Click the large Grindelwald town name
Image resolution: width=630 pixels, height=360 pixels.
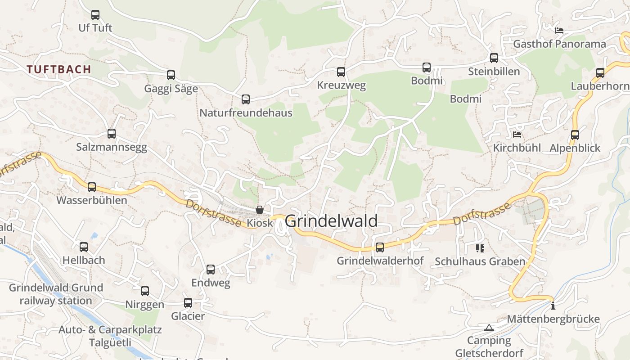331,221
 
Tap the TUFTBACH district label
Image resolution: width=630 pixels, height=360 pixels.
58,69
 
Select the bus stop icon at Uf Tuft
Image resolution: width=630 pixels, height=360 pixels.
95,15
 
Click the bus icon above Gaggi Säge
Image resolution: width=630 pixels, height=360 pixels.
171,75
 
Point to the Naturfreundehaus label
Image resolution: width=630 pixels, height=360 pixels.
246,112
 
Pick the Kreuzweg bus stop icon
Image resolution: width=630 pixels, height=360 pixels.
341,72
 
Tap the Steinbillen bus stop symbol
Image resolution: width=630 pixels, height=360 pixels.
494,58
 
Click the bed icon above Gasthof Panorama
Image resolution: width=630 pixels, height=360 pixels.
559,31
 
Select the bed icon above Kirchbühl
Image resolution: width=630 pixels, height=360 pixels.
517,135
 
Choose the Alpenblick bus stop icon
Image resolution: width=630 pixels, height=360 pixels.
575,135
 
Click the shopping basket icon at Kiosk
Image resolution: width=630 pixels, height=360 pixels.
260,210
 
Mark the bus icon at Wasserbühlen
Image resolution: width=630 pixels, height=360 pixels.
92,187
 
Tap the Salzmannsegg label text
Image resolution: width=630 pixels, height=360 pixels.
111,147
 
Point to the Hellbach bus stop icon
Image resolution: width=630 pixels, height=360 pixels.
84,247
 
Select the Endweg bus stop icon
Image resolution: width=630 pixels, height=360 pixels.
211,270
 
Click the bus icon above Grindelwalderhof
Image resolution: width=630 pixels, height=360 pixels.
380,247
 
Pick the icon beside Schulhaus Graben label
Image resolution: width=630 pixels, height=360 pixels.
480,248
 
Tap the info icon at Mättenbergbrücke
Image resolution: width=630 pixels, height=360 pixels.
553,306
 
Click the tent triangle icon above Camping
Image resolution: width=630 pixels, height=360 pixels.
489,328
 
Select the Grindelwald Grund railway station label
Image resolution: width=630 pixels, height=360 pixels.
56,294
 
